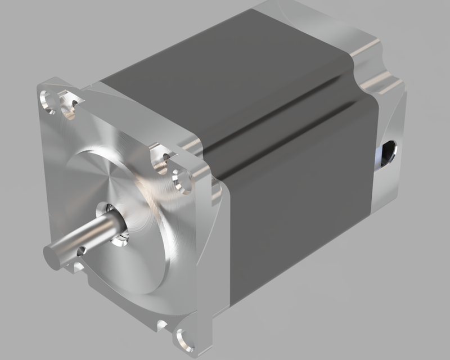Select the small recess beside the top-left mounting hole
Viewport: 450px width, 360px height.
click(71, 106)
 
